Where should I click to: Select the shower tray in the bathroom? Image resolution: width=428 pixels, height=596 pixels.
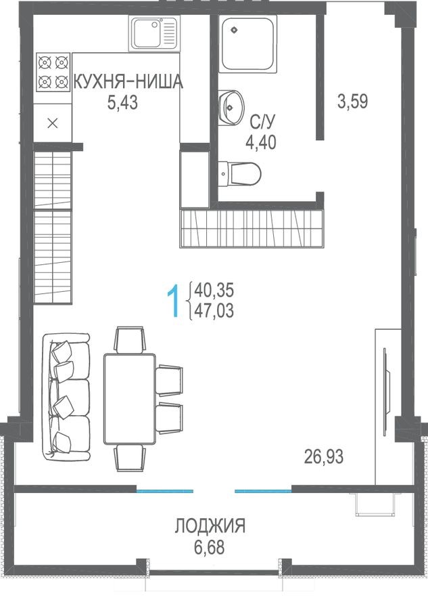(249, 43)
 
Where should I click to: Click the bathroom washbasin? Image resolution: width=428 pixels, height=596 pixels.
(231, 107)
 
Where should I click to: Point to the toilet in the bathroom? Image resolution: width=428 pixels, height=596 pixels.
(241, 174)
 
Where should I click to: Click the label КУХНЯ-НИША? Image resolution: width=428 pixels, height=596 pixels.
(128, 83)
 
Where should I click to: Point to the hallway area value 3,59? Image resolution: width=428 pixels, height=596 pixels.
(352, 102)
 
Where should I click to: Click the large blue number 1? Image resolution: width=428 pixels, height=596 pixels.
(174, 301)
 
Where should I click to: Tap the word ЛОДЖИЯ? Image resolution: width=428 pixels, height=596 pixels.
(210, 526)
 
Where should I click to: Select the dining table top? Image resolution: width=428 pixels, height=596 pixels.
(130, 398)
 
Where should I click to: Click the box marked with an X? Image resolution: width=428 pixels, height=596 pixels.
(53, 123)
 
